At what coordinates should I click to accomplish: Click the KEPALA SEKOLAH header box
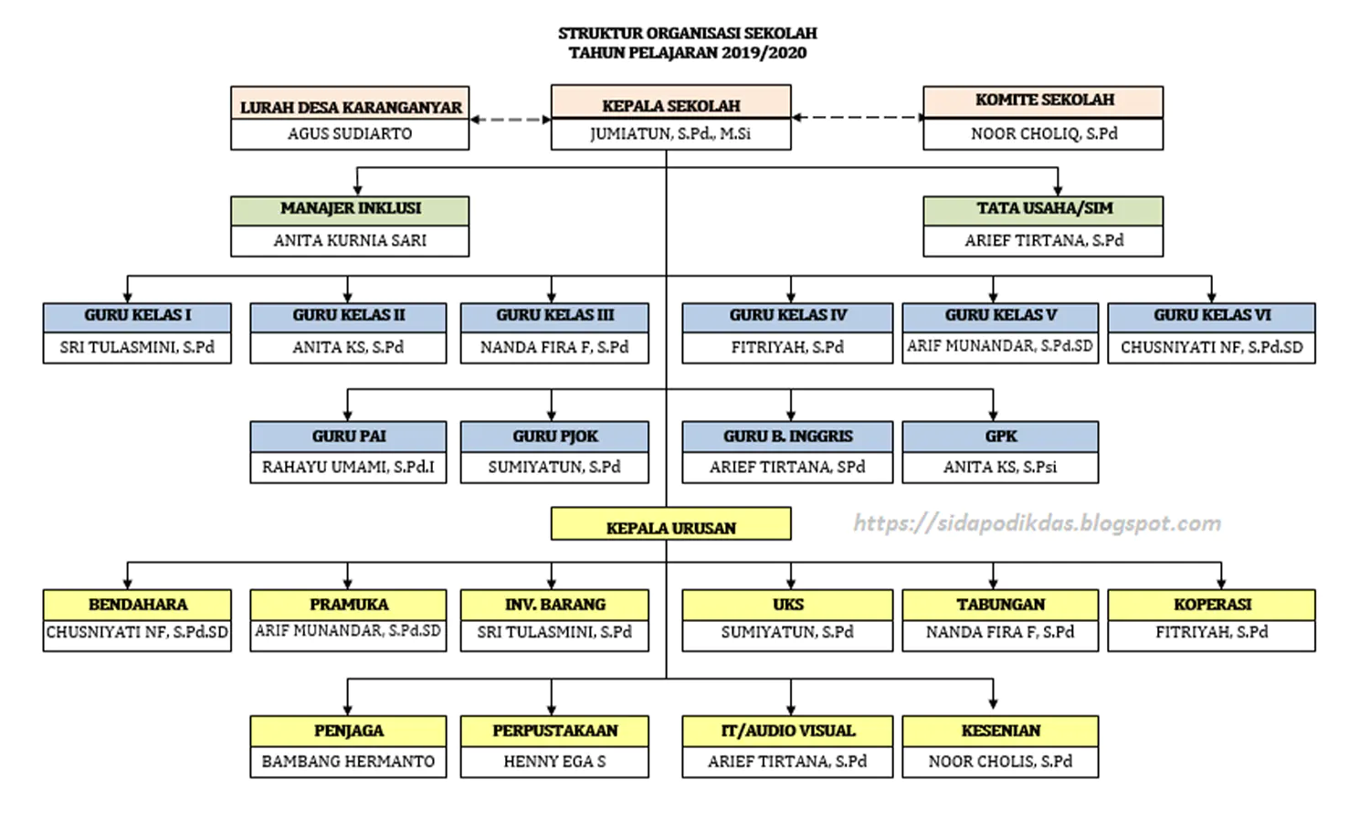click(x=671, y=101)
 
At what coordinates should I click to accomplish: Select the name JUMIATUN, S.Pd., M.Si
click(x=670, y=134)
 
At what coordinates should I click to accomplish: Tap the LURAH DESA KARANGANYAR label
click(x=351, y=108)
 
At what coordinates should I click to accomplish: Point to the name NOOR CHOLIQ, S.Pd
click(x=1044, y=134)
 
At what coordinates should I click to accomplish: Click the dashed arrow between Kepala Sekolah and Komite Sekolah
click(x=857, y=117)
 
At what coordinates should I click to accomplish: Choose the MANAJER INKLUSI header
click(x=351, y=211)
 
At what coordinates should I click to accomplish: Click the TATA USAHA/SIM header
click(x=1043, y=211)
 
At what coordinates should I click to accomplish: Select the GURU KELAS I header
click(x=137, y=318)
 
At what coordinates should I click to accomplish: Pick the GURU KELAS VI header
click(x=1212, y=318)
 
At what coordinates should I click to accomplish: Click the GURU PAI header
click(x=348, y=437)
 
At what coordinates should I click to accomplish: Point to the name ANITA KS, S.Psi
click(x=1000, y=468)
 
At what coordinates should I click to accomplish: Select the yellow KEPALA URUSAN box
click(x=671, y=523)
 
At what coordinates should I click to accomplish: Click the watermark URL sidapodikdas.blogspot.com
click(x=1038, y=523)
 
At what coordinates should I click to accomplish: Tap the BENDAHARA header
click(x=137, y=605)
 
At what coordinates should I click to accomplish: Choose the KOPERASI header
click(x=1212, y=605)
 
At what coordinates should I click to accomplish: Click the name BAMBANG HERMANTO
click(x=348, y=762)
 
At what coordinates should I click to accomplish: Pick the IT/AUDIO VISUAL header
click(x=787, y=731)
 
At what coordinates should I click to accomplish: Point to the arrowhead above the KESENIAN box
click(x=994, y=704)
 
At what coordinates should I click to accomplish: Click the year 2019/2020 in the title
click(x=764, y=53)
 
